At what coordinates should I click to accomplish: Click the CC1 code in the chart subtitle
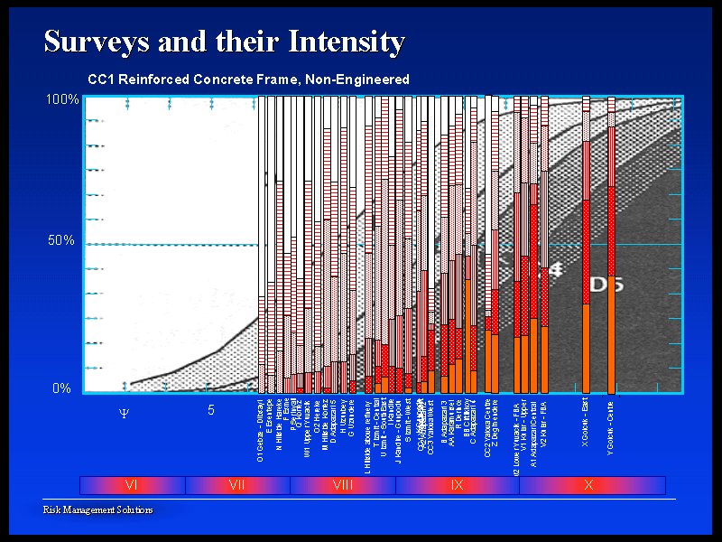(x=100, y=79)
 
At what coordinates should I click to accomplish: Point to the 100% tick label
(x=62, y=99)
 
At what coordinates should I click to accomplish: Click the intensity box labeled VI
(x=132, y=485)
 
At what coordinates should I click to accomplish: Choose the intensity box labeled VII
(x=237, y=485)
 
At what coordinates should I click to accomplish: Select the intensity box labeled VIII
(x=343, y=485)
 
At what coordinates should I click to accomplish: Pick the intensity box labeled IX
(x=457, y=485)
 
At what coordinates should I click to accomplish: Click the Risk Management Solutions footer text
(x=98, y=510)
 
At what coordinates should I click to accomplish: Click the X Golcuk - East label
(x=586, y=426)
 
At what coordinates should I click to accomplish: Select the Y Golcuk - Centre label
(x=611, y=426)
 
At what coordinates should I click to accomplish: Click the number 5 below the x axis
(x=210, y=410)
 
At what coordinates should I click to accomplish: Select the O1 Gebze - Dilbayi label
(x=261, y=429)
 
